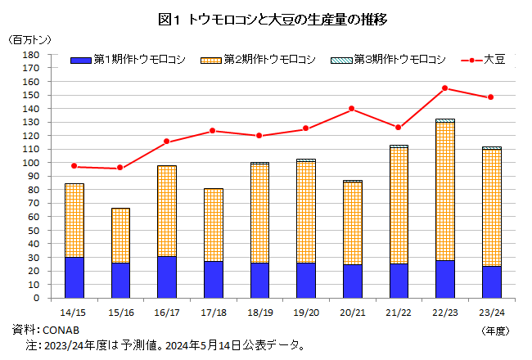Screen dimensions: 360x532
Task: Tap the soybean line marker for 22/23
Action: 445,88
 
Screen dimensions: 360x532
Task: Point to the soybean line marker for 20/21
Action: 352,109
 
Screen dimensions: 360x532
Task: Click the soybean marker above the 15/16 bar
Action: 120,168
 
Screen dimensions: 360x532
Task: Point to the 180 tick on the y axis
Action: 30,55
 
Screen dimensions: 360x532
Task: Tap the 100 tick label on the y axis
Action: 30,163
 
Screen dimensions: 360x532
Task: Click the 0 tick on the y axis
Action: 36,298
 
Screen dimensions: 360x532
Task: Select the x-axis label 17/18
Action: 213,312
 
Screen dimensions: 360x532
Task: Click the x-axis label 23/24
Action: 491,312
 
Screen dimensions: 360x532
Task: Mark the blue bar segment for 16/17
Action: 167,277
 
